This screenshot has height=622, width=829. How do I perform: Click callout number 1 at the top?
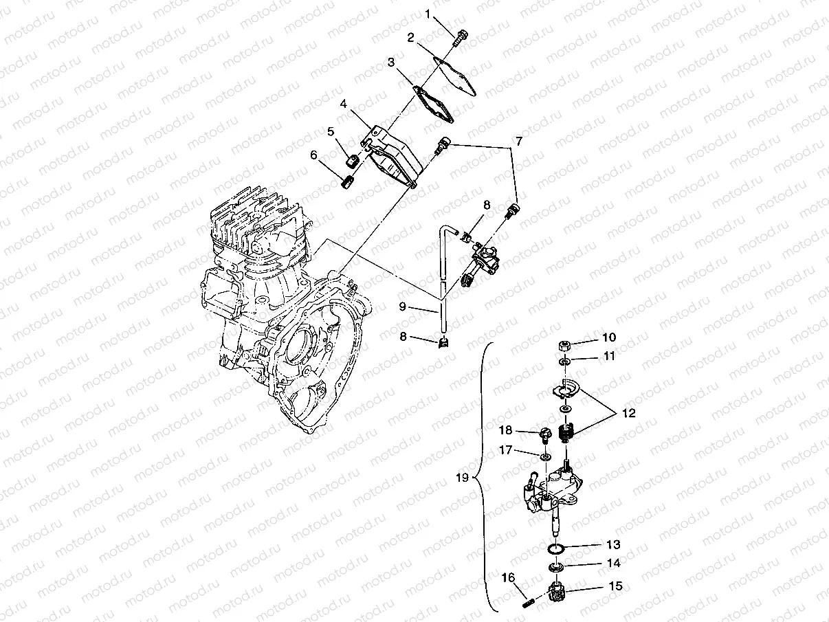pyautogui.click(x=428, y=13)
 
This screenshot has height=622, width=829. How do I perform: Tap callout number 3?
pyautogui.click(x=390, y=63)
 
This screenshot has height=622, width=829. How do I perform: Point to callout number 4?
pyautogui.click(x=343, y=104)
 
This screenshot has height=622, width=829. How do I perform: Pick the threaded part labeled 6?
pyautogui.click(x=348, y=182)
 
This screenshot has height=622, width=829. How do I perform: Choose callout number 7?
pyautogui.click(x=519, y=142)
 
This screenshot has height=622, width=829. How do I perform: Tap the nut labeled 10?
pyautogui.click(x=564, y=345)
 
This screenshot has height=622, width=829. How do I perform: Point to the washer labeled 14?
pyautogui.click(x=557, y=567)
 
